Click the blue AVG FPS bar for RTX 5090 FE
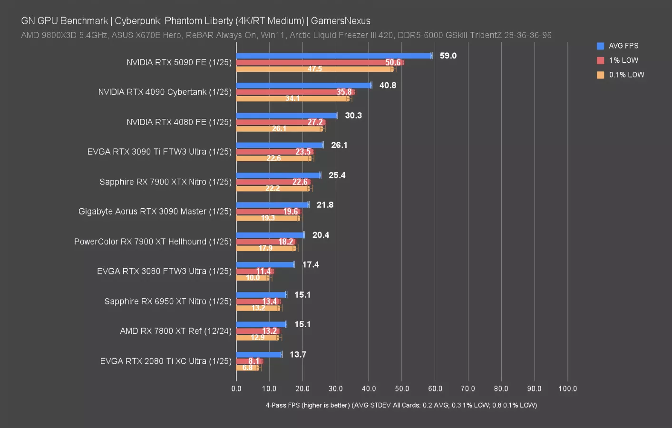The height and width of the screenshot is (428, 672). [x=334, y=56]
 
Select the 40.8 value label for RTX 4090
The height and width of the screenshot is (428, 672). [x=388, y=86]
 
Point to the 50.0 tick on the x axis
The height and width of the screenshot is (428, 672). [x=402, y=389]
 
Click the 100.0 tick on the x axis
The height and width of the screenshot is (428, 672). [x=567, y=389]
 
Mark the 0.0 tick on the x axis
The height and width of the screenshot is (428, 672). [x=236, y=389]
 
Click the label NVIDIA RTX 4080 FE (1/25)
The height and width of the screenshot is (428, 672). [x=179, y=122]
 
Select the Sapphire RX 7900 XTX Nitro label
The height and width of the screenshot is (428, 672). [x=166, y=182]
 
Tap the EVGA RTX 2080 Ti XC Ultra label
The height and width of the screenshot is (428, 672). [x=166, y=361]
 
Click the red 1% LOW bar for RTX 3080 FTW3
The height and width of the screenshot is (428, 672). [x=254, y=271]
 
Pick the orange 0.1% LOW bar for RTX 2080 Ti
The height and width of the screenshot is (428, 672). [x=247, y=368]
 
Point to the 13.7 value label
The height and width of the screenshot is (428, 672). [x=298, y=355]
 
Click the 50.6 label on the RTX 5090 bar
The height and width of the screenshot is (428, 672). [x=393, y=62]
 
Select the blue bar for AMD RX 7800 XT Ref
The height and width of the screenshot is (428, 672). [x=261, y=324]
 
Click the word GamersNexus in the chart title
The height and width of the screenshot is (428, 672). [x=341, y=21]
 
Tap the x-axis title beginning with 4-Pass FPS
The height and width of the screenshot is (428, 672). [x=401, y=405]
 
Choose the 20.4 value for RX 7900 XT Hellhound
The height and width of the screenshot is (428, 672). [x=321, y=235]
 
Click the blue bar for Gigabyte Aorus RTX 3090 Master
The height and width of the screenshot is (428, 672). [x=273, y=205]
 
